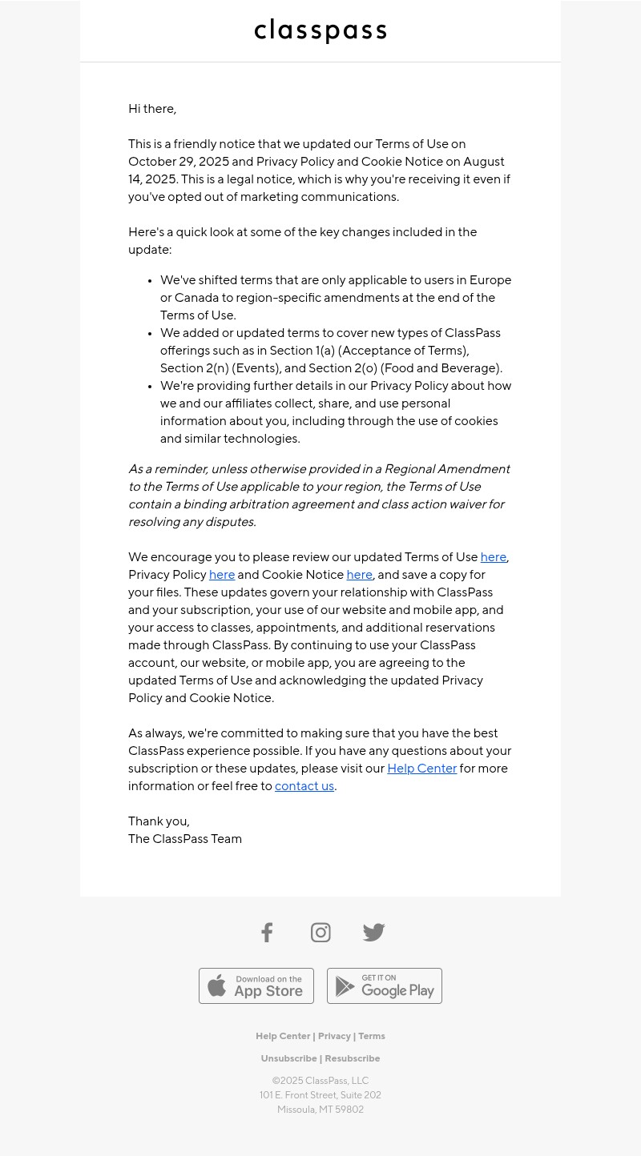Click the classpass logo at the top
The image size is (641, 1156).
tap(320, 31)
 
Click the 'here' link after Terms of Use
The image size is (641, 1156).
tap(493, 558)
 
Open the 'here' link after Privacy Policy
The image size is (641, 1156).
tap(222, 576)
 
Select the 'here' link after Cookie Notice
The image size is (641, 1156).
tap(359, 576)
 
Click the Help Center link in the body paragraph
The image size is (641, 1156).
tap(421, 769)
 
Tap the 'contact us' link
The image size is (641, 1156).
tap(304, 787)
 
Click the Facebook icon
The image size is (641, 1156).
tap(267, 933)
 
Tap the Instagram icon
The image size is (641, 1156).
tap(320, 933)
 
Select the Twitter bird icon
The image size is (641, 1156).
tap(373, 933)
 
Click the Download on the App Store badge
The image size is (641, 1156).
tap(256, 986)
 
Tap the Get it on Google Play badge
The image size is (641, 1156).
tap(385, 986)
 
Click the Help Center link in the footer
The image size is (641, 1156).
tap(283, 1037)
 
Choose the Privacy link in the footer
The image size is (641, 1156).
tap(334, 1037)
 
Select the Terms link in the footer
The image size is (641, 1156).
tap(372, 1037)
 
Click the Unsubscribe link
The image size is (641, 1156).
tap(288, 1059)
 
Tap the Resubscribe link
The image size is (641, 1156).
tap(353, 1059)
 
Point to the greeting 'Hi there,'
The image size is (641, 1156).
tap(152, 110)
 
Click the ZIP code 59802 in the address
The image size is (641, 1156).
tap(349, 1110)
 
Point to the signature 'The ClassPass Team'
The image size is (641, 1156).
tap(185, 840)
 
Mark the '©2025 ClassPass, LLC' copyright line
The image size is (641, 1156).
tap(320, 1082)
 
